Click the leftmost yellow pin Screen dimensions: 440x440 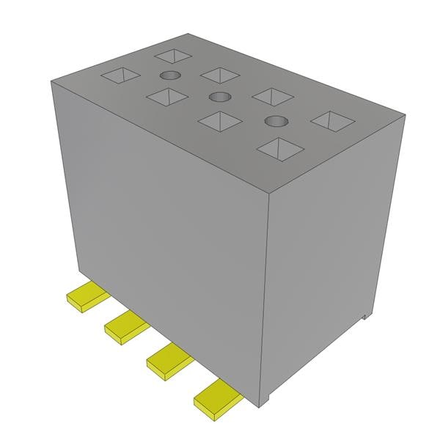pyautogui.click(x=87, y=296)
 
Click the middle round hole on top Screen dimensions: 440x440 pyautogui.click(x=218, y=98)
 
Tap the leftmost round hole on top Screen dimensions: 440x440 pyautogui.click(x=169, y=76)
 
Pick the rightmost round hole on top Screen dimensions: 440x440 pyautogui.click(x=274, y=121)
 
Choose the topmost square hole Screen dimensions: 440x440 pyautogui.click(x=173, y=55)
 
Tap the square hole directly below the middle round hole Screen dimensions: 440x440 pyautogui.click(x=220, y=120)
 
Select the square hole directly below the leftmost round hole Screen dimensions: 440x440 pyautogui.click(x=166, y=96)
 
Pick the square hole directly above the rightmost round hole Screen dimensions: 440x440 pyautogui.click(x=273, y=96)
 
